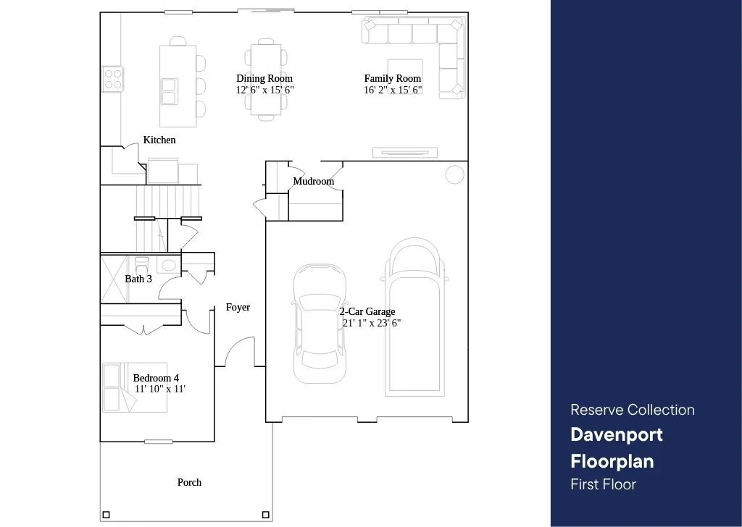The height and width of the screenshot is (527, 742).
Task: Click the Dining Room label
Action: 264,78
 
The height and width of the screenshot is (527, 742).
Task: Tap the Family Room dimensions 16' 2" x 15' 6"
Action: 393,90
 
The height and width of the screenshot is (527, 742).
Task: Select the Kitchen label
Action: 159,140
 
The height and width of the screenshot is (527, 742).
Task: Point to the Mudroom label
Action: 313,181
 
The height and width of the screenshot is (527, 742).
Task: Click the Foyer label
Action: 238,307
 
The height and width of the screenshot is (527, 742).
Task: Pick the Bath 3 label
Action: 138,279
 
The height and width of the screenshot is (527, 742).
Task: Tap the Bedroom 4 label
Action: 156,378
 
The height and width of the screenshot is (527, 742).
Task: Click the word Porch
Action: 189,482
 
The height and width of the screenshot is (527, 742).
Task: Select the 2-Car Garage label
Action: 367,311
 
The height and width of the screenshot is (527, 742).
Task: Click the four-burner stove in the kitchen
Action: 114,79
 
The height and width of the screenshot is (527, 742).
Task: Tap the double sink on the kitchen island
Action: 169,91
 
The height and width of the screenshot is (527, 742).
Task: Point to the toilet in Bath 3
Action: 141,264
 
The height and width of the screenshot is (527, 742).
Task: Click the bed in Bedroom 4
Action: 135,387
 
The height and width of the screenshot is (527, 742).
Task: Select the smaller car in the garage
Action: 320,324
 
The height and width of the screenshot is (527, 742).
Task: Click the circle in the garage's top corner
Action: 455,174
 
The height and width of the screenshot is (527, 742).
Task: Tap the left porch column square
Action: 106,515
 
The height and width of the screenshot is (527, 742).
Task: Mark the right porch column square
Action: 266,515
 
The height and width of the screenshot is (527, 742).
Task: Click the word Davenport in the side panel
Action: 617,435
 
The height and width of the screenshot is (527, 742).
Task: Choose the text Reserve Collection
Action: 633,410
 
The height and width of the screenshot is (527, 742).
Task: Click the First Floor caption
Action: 604,484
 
